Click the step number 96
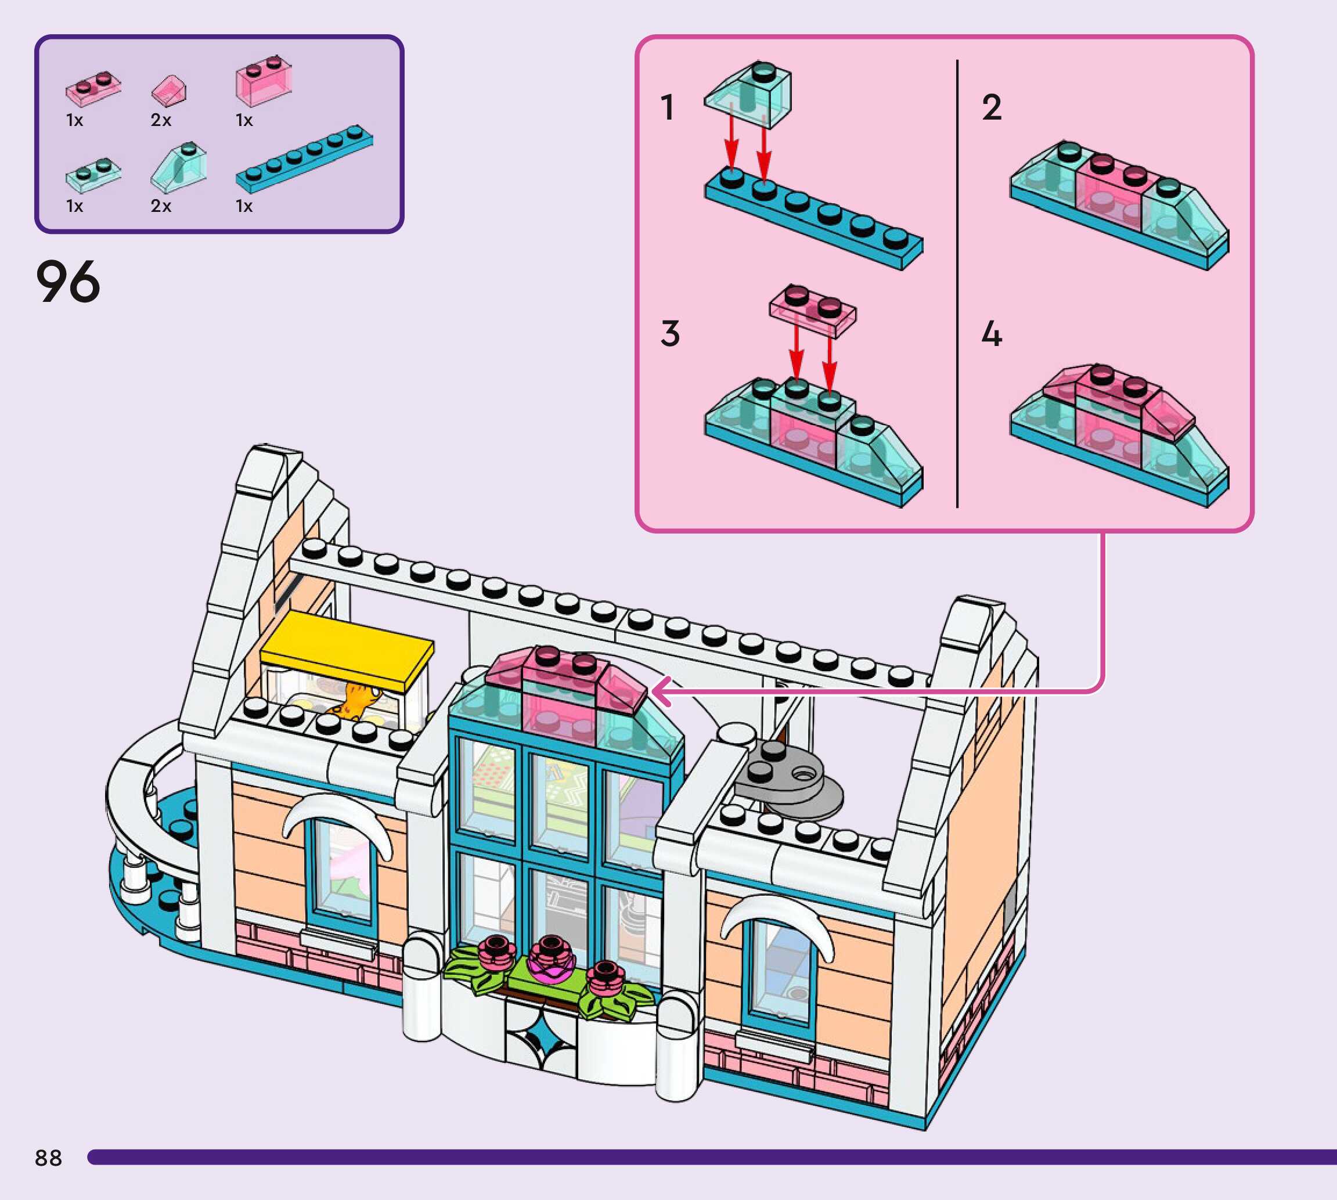[68, 282]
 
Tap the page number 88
[48, 1157]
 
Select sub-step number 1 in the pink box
[668, 107]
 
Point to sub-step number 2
[992, 107]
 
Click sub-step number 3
[670, 334]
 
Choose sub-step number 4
[992, 334]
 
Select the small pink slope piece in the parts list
[169, 91]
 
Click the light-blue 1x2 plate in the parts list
[93, 173]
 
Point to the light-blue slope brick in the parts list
[178, 167]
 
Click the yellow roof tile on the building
[346, 649]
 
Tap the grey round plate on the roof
[789, 779]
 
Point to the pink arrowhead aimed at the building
[662, 691]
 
